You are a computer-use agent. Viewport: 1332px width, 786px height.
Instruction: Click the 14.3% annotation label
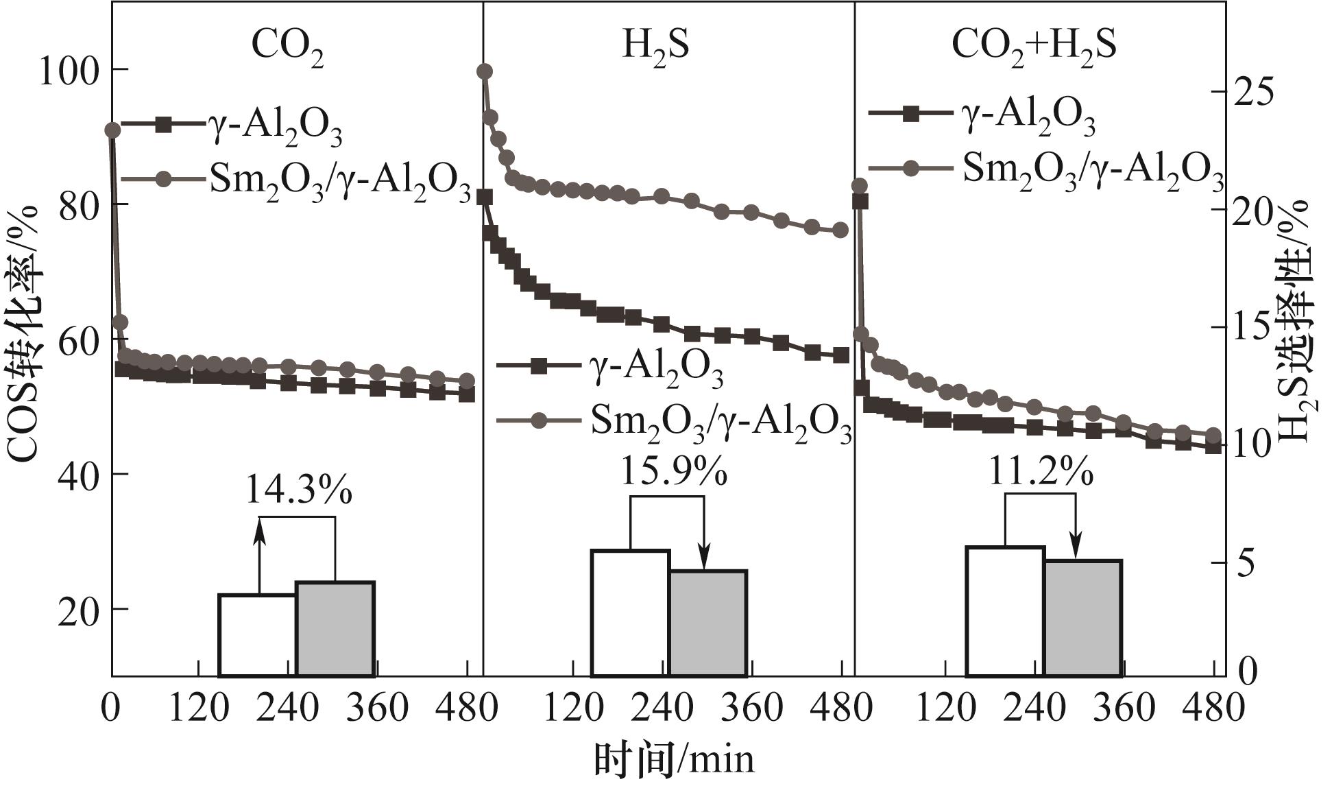pyautogui.click(x=299, y=488)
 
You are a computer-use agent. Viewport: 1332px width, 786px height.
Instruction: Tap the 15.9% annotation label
pyautogui.click(x=673, y=471)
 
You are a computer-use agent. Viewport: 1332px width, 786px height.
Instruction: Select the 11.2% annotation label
pyautogui.click(x=1041, y=471)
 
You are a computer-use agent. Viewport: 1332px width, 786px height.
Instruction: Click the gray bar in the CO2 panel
pyautogui.click(x=335, y=629)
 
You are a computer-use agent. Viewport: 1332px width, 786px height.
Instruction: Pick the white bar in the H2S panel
pyautogui.click(x=630, y=612)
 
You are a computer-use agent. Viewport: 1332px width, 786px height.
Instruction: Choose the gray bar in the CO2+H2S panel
pyautogui.click(x=1082, y=618)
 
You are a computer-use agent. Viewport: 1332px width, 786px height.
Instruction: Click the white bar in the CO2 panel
pyautogui.click(x=258, y=635)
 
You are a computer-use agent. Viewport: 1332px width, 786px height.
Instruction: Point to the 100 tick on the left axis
pyautogui.click(x=67, y=71)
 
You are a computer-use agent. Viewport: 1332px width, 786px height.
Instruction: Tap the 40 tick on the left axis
pyautogui.click(x=78, y=475)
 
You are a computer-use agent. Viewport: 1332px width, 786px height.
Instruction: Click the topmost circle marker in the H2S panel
pyautogui.click(x=485, y=71)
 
